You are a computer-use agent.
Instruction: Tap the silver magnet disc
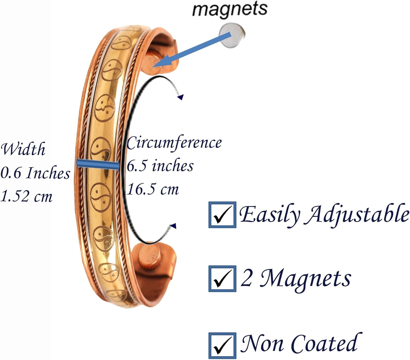232,36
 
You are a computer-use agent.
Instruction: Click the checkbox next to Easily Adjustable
222,215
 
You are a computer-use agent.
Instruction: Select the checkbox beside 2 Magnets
222,279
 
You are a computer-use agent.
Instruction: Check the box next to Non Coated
222,345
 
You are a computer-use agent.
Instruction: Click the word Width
23,149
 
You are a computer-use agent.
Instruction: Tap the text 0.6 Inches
35,173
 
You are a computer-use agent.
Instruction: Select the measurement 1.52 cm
27,196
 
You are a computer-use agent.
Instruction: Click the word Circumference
174,143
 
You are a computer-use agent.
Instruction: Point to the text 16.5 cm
153,189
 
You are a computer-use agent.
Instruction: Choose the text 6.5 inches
160,166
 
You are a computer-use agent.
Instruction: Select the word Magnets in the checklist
305,279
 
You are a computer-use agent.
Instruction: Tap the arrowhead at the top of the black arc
180,97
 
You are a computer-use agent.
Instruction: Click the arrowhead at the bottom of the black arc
173,226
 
